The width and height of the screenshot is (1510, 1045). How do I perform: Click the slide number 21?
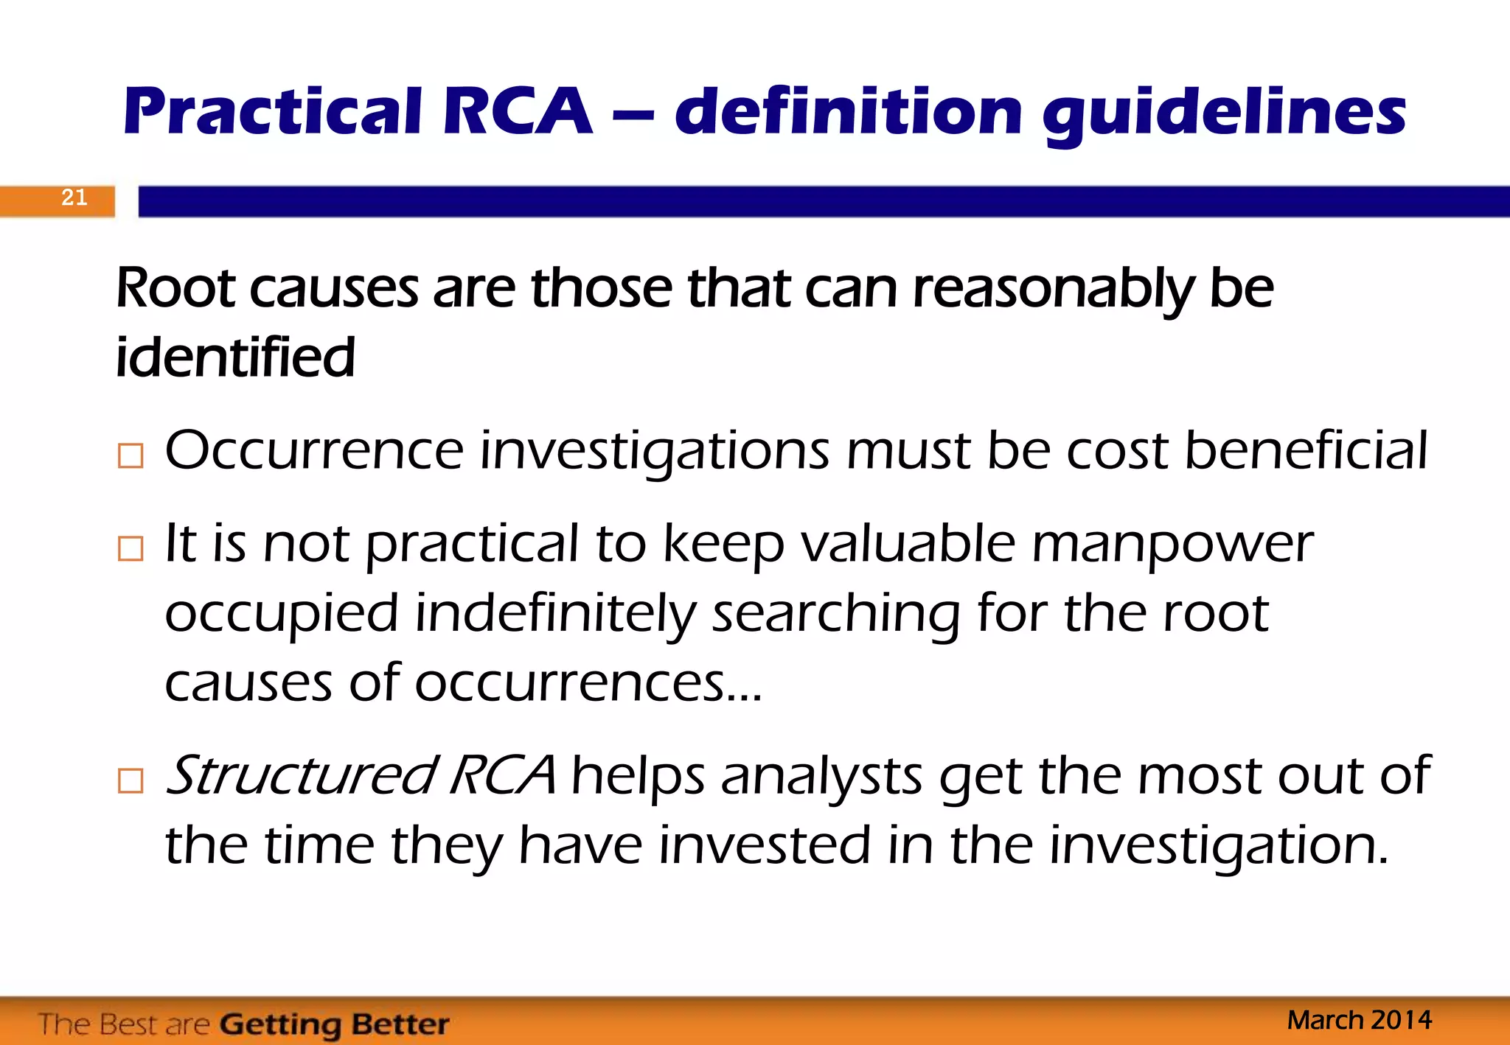pos(74,198)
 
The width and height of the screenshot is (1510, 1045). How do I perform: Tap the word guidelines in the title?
pos(1224,114)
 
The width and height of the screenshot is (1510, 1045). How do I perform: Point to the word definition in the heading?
pos(849,113)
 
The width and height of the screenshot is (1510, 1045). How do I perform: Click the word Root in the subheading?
pos(175,288)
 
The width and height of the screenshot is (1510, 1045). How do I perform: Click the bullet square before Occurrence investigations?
pos(131,456)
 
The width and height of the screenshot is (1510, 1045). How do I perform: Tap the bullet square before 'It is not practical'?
pos(131,549)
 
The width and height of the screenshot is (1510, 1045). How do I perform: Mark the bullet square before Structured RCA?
pos(131,781)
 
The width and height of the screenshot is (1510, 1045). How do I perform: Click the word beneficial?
pos(1306,450)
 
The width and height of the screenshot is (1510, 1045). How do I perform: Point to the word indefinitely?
pos(554,614)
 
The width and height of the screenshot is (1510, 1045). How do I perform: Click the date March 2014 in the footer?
pos(1359,1021)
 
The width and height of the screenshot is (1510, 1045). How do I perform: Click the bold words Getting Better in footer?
pos(334,1024)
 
